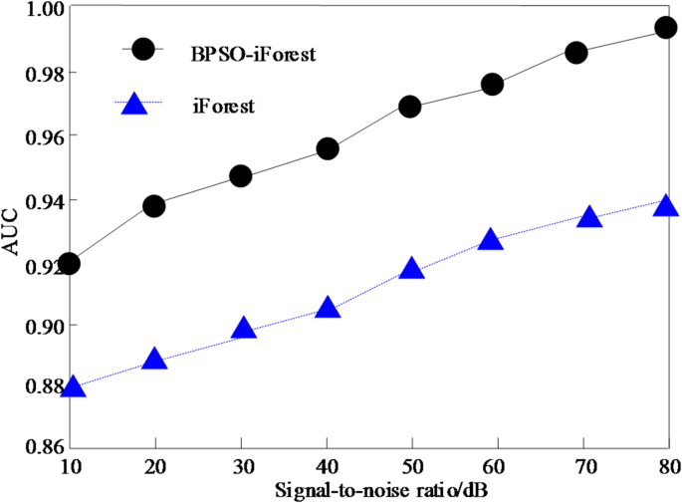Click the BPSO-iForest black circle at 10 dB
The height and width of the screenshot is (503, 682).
[x=69, y=264]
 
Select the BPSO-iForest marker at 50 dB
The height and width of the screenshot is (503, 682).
[x=410, y=107]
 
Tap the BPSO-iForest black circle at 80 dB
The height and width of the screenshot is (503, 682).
[x=666, y=28]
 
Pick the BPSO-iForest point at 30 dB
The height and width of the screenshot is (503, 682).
[x=240, y=176]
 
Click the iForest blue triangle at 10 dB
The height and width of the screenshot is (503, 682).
[x=73, y=386]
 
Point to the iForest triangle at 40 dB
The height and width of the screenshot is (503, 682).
[x=329, y=309]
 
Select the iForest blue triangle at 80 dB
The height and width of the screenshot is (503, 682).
[x=666, y=206]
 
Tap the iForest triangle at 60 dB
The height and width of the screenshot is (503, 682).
[x=490, y=239]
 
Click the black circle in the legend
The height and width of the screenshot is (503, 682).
[x=143, y=49]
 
